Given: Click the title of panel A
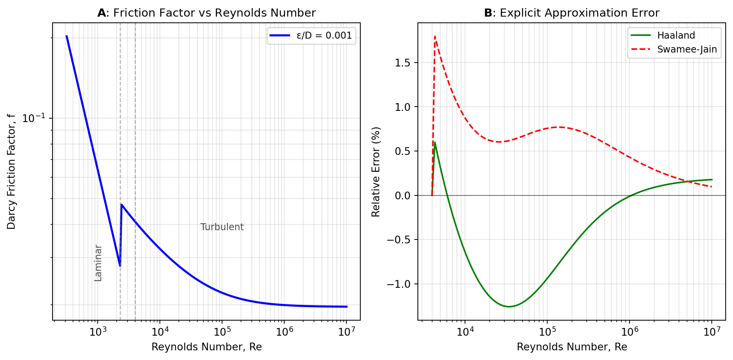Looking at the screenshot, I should [x=206, y=13].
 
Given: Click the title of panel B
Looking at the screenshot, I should [x=572, y=13].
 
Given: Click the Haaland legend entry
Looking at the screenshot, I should [x=676, y=36].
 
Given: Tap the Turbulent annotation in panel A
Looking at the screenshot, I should [x=222, y=227].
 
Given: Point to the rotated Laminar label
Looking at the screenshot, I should [x=98, y=263].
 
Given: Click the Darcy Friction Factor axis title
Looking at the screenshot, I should [x=12, y=172].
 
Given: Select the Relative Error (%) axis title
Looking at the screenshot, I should [x=376, y=172].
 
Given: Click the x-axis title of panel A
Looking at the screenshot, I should [x=206, y=347].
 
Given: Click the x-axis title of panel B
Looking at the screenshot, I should [x=572, y=347].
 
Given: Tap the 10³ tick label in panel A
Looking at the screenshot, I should [x=98, y=332].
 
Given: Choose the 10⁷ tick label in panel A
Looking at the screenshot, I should [x=346, y=332].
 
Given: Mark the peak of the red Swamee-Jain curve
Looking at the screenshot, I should [x=435, y=37].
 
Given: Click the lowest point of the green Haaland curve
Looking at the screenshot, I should [x=509, y=307].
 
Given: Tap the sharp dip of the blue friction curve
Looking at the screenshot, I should [x=120, y=266].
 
